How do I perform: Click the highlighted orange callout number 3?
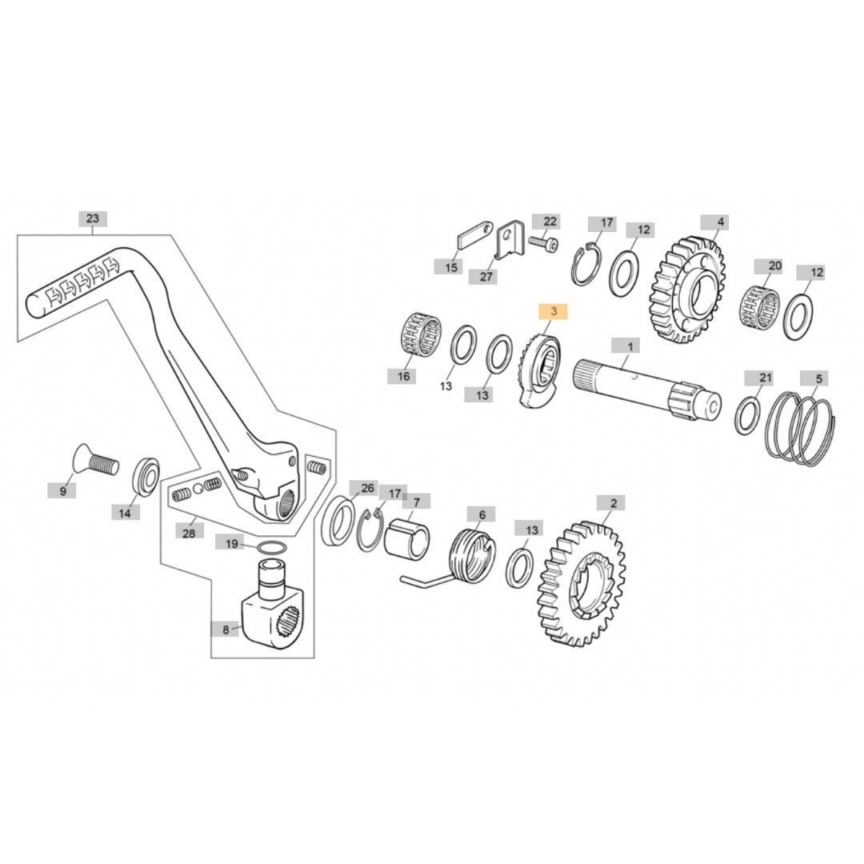[x=553, y=311]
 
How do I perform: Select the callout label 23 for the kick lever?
[x=92, y=218]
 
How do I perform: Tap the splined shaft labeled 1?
[x=640, y=389]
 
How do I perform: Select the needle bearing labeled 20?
[x=761, y=306]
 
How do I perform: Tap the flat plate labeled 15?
[x=472, y=238]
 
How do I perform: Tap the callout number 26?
[x=367, y=487]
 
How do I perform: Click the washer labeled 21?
[x=749, y=415]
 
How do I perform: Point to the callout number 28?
[x=189, y=532]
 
